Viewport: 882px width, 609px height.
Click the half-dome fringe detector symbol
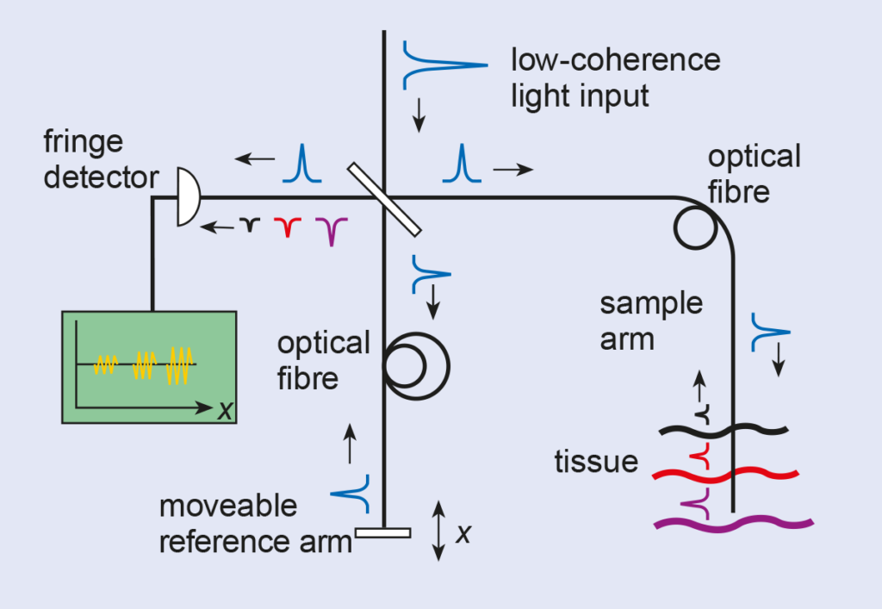pyautogui.click(x=189, y=196)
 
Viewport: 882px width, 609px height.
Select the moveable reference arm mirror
pyautogui.click(x=382, y=532)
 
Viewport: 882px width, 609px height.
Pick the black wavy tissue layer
pyautogui.click(x=723, y=429)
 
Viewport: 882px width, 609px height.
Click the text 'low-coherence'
pyautogui.click(x=615, y=61)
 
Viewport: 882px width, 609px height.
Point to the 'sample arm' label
pyautogui.click(x=651, y=321)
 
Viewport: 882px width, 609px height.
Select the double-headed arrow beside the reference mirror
pyautogui.click(x=438, y=531)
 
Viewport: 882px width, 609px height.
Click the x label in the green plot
pyautogui.click(x=225, y=411)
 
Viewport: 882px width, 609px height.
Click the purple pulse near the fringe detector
pyautogui.click(x=331, y=228)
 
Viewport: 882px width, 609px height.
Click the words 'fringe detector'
pyautogui.click(x=101, y=159)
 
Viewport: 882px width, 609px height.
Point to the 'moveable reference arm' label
pyautogui.click(x=255, y=523)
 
